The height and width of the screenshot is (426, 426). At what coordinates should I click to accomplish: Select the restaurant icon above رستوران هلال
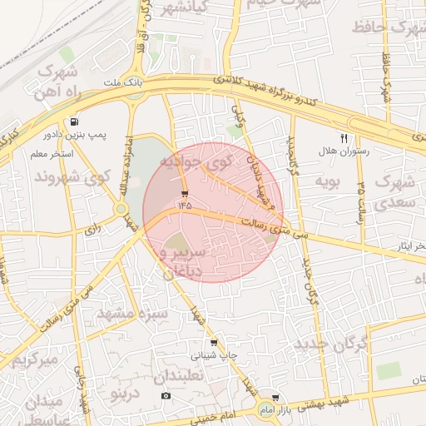pos(344,138)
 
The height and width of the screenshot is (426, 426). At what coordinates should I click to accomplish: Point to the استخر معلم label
pos(51,154)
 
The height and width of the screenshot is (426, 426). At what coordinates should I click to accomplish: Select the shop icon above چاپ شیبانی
pos(214,342)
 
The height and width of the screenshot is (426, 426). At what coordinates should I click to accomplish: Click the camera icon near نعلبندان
pos(166,394)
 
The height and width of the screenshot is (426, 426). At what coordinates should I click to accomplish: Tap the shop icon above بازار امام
pos(275,398)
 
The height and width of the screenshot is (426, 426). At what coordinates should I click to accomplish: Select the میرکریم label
pos(36,359)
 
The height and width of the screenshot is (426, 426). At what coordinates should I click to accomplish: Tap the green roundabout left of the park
pos(121,208)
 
